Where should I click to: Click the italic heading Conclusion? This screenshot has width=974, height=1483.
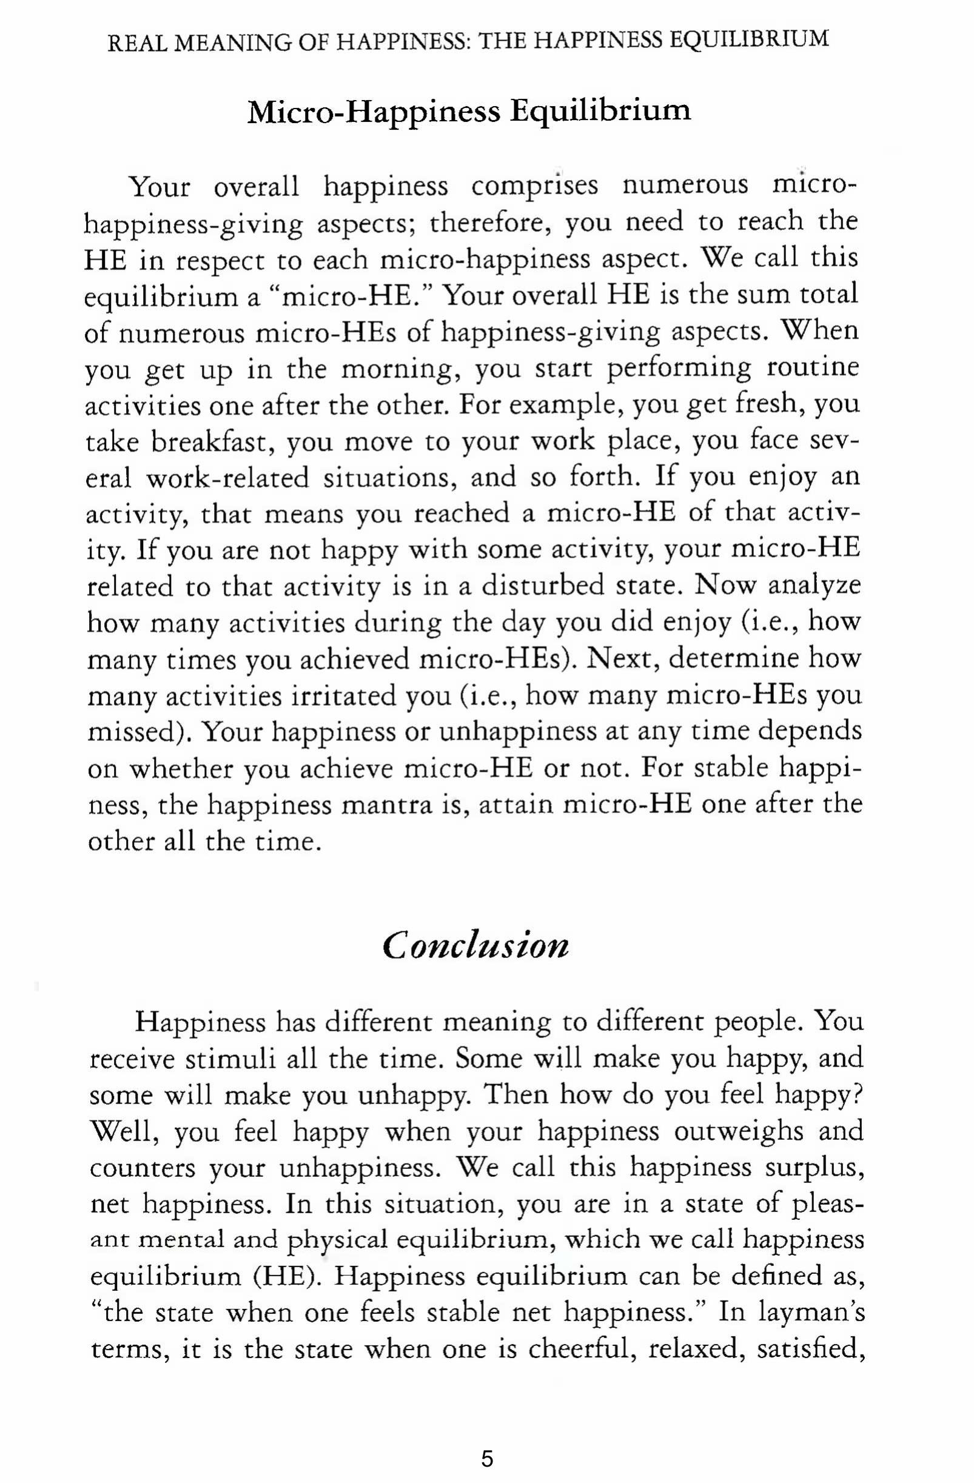tap(475, 946)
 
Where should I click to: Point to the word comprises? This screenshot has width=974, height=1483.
tap(534, 186)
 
